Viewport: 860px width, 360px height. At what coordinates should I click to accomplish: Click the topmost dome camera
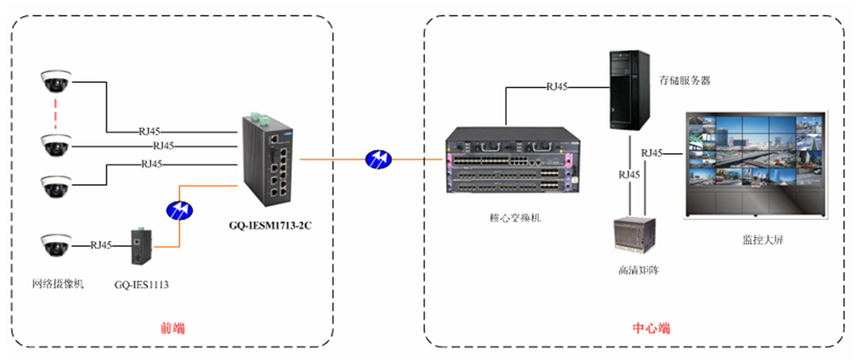tap(56, 82)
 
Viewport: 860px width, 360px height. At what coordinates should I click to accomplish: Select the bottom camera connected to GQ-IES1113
tap(56, 246)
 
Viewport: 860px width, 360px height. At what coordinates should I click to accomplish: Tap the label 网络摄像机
tap(58, 282)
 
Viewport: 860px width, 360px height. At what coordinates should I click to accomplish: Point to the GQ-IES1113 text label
tap(141, 284)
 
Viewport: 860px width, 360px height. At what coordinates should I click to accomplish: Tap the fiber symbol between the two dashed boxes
tap(378, 158)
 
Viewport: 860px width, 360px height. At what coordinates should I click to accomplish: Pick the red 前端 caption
tap(172, 327)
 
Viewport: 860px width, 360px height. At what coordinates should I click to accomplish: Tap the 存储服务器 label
tap(686, 80)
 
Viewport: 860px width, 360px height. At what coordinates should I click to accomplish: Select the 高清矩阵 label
tap(637, 269)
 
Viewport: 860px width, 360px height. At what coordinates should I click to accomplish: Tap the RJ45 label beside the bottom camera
tap(100, 246)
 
